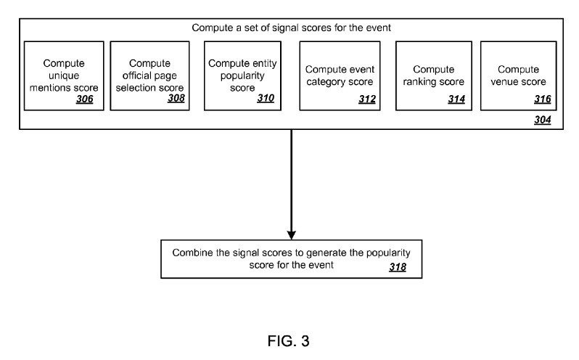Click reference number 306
tap(85, 99)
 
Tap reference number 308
tap(176, 98)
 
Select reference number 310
tap(266, 98)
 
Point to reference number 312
tap(367, 99)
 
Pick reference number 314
tap(456, 99)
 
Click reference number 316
tap(543, 99)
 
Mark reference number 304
tap(543, 120)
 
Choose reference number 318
tap(398, 267)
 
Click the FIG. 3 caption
tap(288, 341)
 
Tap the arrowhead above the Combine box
tap(292, 235)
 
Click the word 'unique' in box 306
tap(64, 76)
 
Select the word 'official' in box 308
tap(135, 75)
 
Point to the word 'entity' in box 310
tap(265, 63)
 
